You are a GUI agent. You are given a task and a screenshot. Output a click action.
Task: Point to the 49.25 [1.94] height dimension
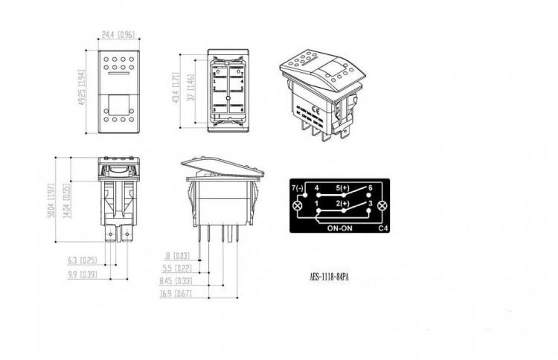point(88,87)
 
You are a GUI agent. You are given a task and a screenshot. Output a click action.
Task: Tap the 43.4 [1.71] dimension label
point(176,87)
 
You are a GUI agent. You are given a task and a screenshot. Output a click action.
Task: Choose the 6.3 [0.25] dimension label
point(81,260)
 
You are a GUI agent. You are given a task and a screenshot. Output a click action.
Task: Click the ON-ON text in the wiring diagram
point(339,229)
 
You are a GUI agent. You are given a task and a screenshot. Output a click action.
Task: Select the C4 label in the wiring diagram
point(383,229)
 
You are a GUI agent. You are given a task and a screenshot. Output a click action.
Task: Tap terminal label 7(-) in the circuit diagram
point(298,188)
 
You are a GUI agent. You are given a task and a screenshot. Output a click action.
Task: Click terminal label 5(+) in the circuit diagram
point(343,188)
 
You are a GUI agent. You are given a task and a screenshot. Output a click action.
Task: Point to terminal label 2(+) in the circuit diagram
point(343,202)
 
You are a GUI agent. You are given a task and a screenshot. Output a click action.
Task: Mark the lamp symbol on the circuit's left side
point(298,205)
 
